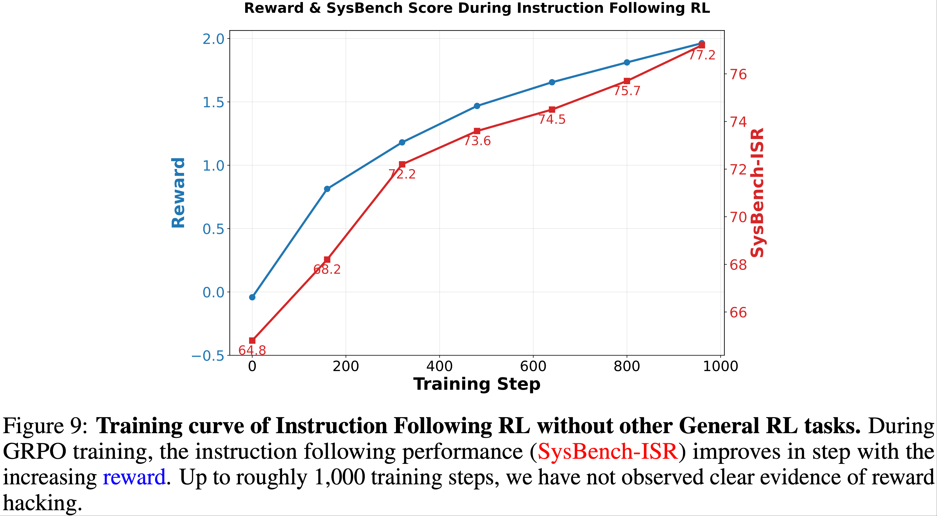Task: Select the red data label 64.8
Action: pos(252,350)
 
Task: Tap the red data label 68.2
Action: pos(327,270)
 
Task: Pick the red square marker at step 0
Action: pos(252,341)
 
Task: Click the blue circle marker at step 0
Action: pos(252,297)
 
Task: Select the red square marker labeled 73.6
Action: pos(477,131)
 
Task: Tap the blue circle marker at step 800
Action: pos(627,63)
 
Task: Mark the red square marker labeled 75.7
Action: pos(627,81)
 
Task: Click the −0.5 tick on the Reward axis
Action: pos(208,356)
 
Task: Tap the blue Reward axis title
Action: pos(178,193)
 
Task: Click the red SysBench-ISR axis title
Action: pos(757,193)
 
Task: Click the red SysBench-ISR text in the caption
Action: pos(608,452)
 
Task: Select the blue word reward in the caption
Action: pos(134,477)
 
